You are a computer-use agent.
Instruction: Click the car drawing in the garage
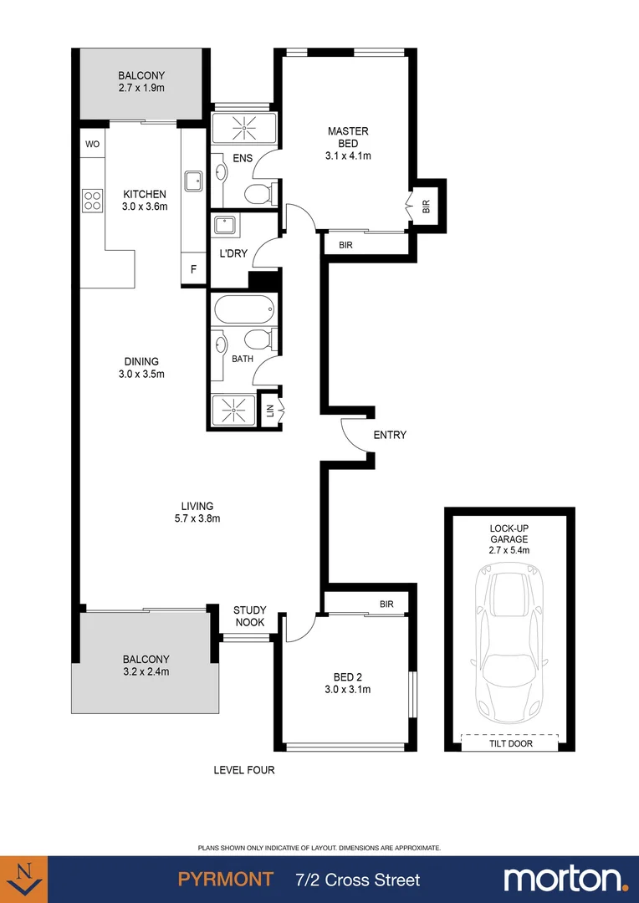tap(509, 644)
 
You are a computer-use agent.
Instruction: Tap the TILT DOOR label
tap(509, 743)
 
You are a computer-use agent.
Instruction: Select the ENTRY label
tap(390, 435)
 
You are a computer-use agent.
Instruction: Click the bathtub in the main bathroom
tap(243, 310)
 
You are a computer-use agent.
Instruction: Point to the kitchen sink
tap(193, 179)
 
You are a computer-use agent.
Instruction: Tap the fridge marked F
tap(193, 269)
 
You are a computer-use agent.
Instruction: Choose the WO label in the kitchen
tap(92, 144)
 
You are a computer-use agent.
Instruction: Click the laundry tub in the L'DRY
tap(224, 226)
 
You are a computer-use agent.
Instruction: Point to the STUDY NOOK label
tap(249, 616)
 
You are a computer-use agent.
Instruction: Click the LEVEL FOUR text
tap(244, 770)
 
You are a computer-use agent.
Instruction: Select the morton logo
tap(565, 879)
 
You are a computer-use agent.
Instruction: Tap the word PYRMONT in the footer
tap(226, 880)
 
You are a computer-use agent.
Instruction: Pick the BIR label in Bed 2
tap(386, 604)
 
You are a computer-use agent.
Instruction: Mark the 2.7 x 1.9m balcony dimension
tap(141, 87)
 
